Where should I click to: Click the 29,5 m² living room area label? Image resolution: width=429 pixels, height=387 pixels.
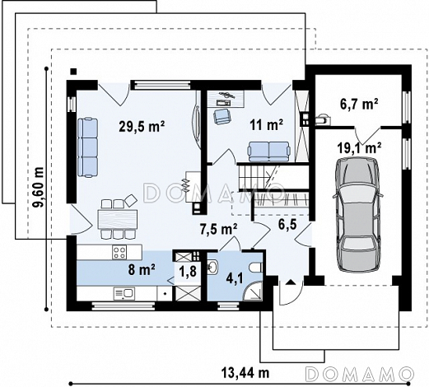click(x=142, y=126)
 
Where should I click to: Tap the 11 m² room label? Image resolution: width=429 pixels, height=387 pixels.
click(x=266, y=125)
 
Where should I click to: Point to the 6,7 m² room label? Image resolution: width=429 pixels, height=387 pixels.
click(x=359, y=105)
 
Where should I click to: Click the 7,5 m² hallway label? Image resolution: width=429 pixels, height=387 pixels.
click(x=218, y=229)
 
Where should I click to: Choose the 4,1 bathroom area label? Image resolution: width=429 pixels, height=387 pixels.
click(x=234, y=279)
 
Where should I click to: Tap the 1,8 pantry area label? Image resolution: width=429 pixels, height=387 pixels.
click(x=188, y=272)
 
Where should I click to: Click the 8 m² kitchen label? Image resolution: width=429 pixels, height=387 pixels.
click(x=142, y=269)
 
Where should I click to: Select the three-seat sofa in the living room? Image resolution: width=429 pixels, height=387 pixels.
click(x=87, y=147)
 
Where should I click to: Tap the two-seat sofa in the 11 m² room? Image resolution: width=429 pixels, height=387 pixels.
click(x=268, y=152)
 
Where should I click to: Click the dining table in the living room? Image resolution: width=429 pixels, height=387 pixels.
click(x=118, y=219)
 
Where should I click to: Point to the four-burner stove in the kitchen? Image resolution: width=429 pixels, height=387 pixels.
click(x=119, y=252)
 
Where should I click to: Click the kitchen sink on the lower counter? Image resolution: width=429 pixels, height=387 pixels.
click(x=124, y=293)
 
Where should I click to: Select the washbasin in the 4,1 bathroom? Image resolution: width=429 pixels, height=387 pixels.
click(x=212, y=267)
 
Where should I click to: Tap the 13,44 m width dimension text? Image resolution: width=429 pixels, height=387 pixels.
click(x=245, y=373)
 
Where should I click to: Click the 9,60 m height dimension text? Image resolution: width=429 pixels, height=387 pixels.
click(x=38, y=187)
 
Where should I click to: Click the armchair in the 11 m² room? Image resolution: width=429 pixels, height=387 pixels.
click(x=222, y=116)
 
